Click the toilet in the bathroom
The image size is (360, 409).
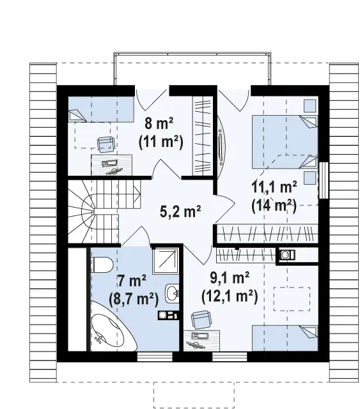(102, 265)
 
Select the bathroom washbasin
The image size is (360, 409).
(172, 293)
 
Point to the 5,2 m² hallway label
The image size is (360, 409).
(180, 212)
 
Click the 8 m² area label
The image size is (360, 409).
(159, 123)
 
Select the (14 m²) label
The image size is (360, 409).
(274, 206)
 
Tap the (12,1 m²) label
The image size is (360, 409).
(230, 296)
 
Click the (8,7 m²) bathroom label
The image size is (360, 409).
(134, 298)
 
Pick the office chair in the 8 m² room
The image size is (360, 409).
(106, 144)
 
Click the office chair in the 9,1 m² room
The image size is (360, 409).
(201, 320)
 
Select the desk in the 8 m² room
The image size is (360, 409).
(111, 165)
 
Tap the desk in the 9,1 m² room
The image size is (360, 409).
(201, 341)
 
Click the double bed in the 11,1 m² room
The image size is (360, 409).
(285, 142)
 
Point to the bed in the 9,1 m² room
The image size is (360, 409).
(285, 338)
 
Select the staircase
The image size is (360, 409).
(104, 212)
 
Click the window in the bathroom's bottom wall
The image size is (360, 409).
(155, 357)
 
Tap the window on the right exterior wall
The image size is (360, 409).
(323, 180)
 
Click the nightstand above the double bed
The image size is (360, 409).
(310, 105)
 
